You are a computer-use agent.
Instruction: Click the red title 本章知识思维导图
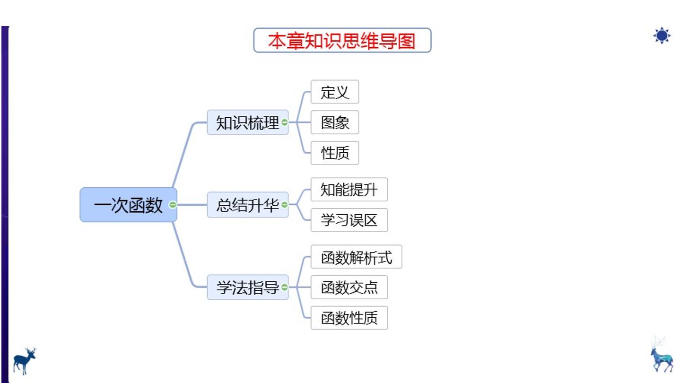click(x=342, y=41)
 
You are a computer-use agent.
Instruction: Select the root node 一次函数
click(x=128, y=205)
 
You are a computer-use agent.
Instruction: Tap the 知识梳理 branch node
click(x=247, y=122)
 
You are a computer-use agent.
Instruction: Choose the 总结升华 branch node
click(x=247, y=205)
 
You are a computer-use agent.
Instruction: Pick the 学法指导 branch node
click(x=247, y=287)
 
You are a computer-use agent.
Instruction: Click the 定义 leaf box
click(x=335, y=92)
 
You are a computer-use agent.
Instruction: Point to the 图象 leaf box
click(x=335, y=122)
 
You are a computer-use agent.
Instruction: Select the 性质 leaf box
click(x=335, y=153)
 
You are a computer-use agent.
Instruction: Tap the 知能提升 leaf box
click(x=349, y=190)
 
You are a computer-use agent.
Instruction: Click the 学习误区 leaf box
click(x=349, y=220)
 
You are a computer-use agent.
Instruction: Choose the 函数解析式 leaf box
click(x=356, y=257)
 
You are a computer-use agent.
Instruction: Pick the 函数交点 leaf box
click(x=349, y=287)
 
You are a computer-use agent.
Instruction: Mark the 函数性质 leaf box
click(x=349, y=318)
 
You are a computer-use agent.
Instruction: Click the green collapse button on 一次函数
click(x=173, y=205)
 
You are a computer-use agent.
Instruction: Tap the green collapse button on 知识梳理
click(x=285, y=122)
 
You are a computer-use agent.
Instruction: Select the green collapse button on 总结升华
click(x=285, y=205)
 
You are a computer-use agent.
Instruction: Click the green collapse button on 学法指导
click(x=285, y=287)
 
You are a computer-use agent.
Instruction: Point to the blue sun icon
click(x=662, y=35)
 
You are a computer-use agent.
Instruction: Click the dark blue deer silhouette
click(x=24, y=361)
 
